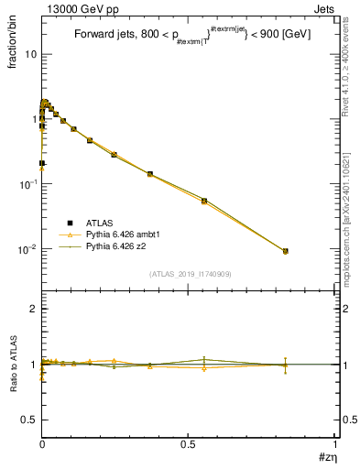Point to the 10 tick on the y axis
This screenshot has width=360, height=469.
click(x=28, y=54)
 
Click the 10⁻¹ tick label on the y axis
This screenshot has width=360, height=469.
click(x=27, y=184)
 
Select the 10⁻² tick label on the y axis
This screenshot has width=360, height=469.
click(x=27, y=249)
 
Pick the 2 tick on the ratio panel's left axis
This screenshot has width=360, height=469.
click(x=33, y=310)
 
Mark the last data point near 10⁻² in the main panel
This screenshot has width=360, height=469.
click(x=285, y=251)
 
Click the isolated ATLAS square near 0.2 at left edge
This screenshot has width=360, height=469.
click(x=42, y=163)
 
